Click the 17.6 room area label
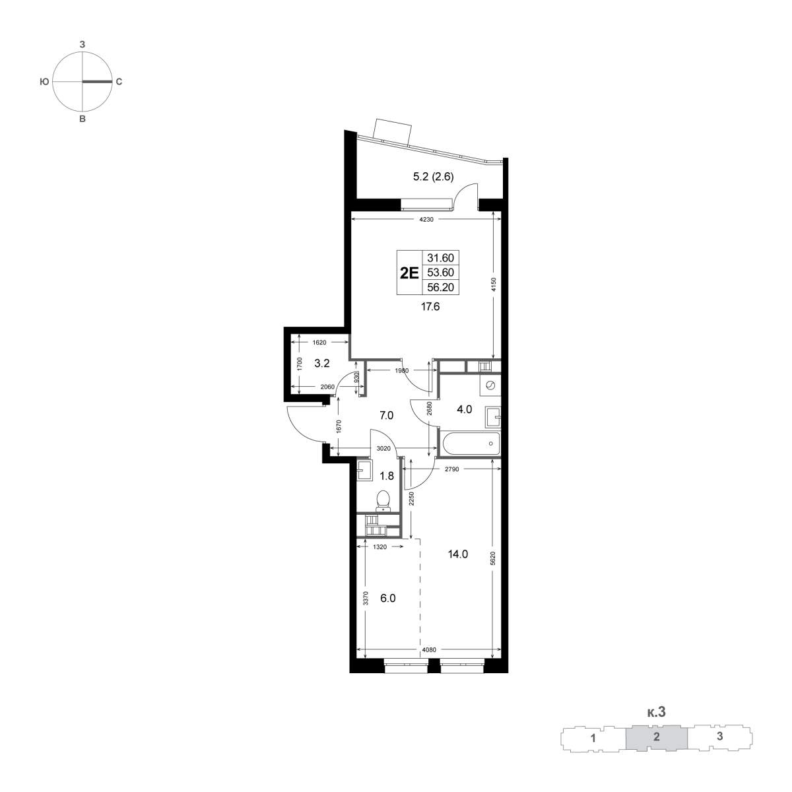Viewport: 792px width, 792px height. coord(430,306)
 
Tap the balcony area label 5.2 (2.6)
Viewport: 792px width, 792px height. coord(433,177)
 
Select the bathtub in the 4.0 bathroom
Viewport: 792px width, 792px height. coord(470,444)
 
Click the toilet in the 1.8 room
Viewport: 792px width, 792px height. coord(383,500)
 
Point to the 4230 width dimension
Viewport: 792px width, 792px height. coord(426,220)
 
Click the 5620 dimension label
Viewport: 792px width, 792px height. coord(494,558)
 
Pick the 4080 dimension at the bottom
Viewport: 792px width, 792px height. coord(429,650)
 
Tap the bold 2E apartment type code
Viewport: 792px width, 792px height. coord(409,273)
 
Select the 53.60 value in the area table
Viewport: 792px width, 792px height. coord(441,273)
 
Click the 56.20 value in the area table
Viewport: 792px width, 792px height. coord(441,287)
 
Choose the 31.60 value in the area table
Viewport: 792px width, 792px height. coord(441,257)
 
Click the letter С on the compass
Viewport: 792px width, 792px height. coord(119,82)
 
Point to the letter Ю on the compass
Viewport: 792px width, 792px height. coord(44,82)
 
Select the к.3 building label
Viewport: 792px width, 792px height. coord(656,711)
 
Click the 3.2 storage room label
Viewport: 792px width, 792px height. coord(322,362)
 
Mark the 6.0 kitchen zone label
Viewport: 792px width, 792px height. coord(387,598)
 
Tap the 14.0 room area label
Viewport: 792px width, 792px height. coord(458,554)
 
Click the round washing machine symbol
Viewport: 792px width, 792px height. coord(490,385)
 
